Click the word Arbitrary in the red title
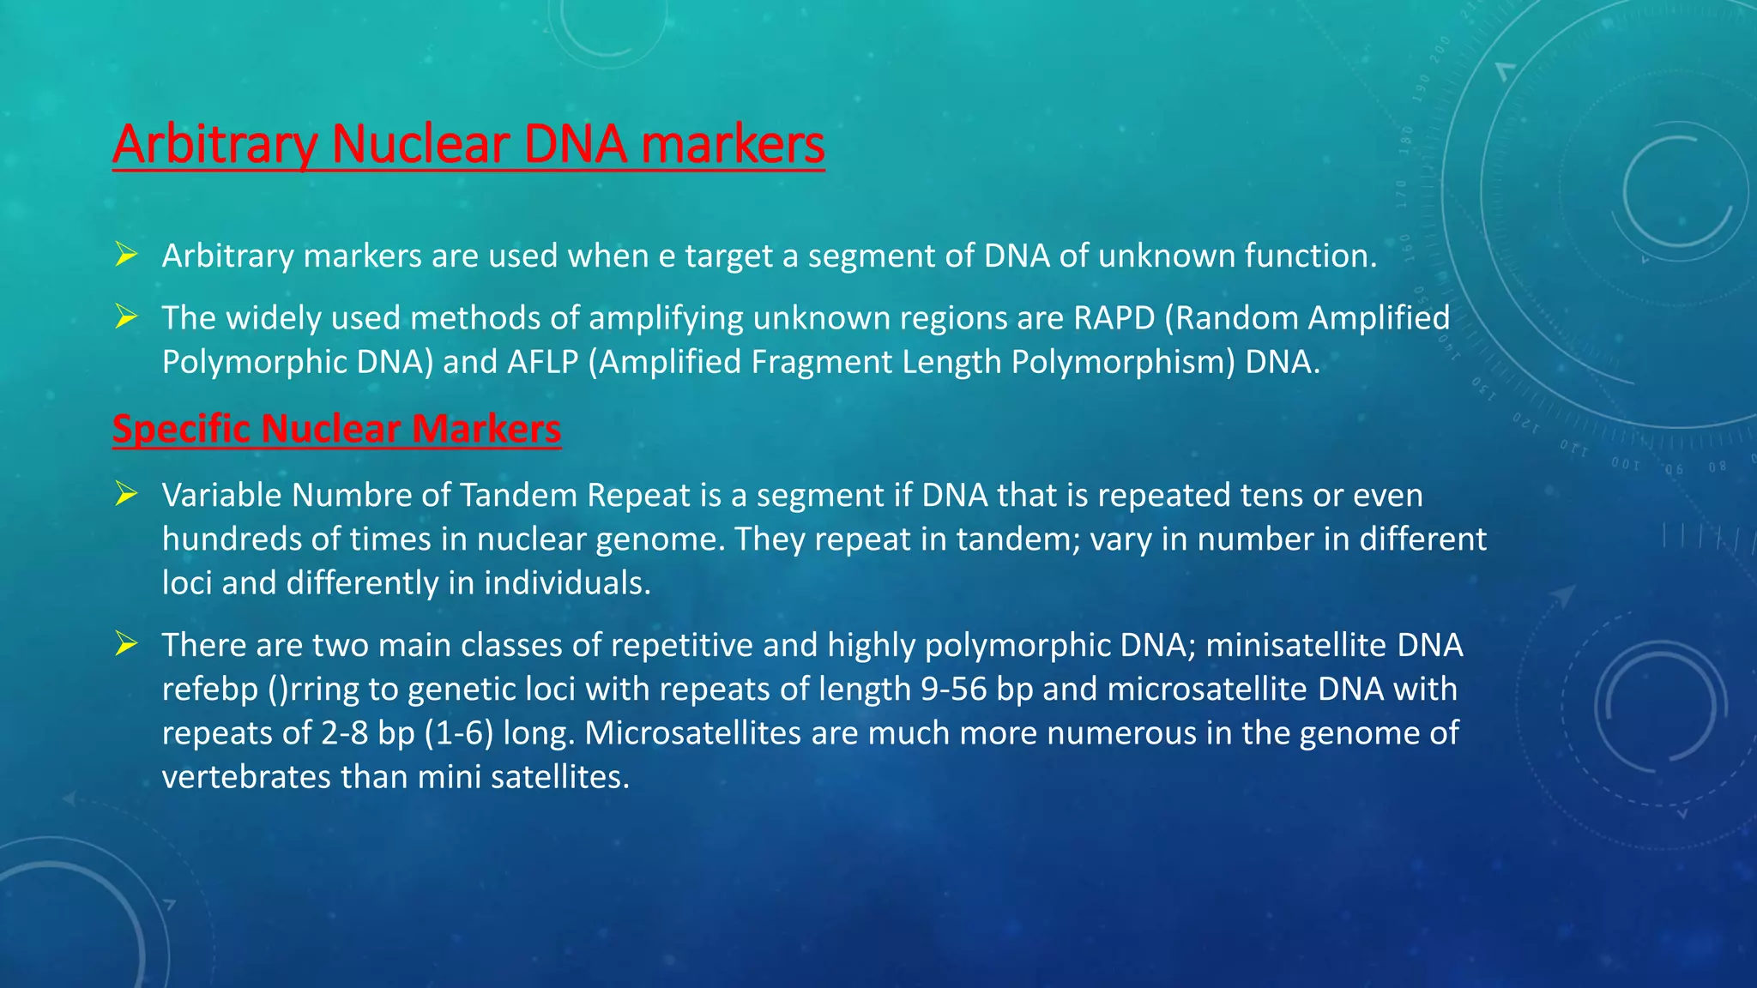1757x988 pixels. click(x=215, y=144)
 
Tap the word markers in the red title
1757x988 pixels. click(x=733, y=144)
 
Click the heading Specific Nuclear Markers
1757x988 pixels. click(x=336, y=429)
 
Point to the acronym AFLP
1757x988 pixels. click(x=542, y=362)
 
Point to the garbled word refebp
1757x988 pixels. click(x=209, y=690)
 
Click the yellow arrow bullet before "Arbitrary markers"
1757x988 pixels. click(x=126, y=255)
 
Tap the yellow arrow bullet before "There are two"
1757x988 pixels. click(x=126, y=643)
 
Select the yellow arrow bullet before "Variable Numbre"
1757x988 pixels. click(x=126, y=494)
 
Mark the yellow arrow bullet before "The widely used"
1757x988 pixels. click(x=126, y=317)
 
